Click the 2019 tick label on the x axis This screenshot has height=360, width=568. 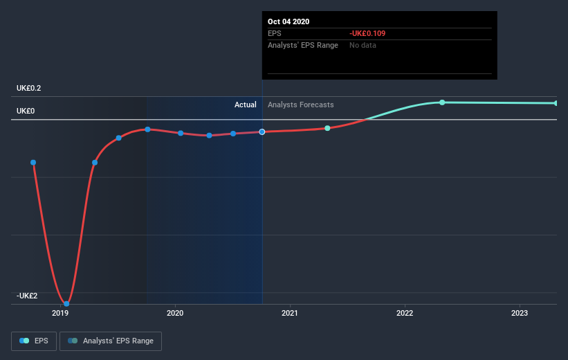(60, 313)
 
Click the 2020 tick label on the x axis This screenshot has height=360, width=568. (175, 313)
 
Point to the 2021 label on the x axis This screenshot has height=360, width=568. (290, 313)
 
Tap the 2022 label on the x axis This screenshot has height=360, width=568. (405, 313)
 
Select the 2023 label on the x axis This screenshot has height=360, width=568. (520, 313)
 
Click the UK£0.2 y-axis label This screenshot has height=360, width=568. (29, 88)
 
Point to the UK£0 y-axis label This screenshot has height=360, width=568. (26, 111)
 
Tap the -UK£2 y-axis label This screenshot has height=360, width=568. (28, 296)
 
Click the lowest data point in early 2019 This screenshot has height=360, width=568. (66, 303)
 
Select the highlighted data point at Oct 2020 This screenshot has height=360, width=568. (262, 132)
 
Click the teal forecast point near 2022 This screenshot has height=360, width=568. (442, 102)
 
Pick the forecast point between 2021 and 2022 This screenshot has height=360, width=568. (327, 128)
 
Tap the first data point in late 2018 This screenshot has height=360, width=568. (33, 162)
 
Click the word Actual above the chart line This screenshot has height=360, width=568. (245, 105)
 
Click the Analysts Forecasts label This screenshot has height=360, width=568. (300, 105)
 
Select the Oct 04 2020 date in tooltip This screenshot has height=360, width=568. (288, 21)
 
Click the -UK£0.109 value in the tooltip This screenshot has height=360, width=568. (368, 33)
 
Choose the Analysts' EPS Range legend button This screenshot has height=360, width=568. (111, 341)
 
